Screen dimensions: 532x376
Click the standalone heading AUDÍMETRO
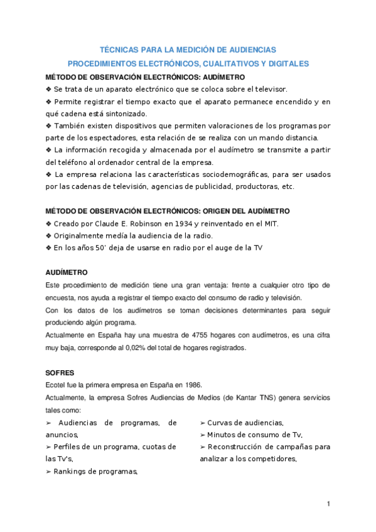coord(67,273)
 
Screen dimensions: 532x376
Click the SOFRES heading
coord(60,373)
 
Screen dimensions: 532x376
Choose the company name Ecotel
coord(56,385)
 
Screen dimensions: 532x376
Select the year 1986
coord(191,385)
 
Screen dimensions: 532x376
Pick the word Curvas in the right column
coord(222,422)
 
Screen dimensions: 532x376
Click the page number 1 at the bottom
coord(328,504)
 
